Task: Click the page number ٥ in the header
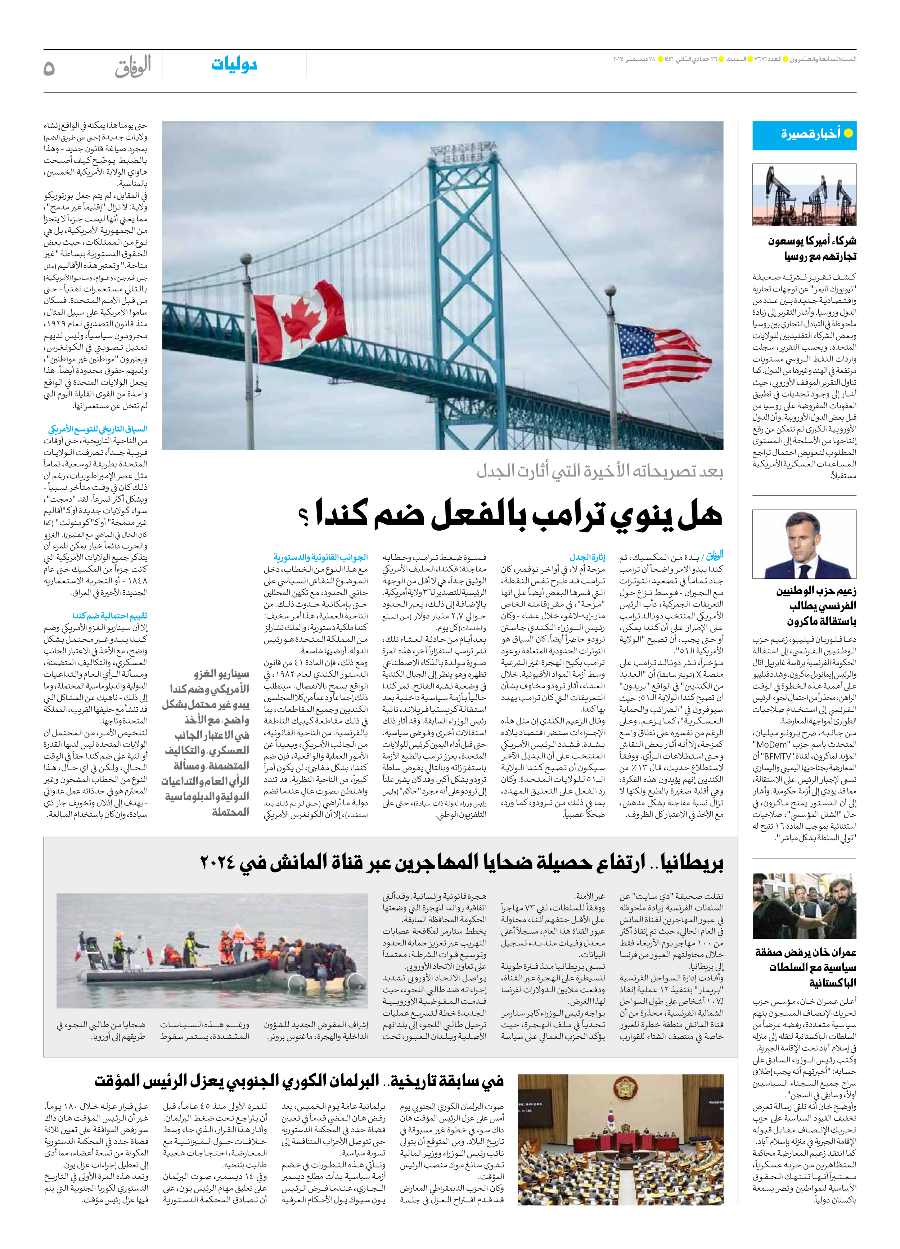click(49, 68)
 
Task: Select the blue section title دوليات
click(234, 65)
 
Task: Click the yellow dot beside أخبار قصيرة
click(848, 133)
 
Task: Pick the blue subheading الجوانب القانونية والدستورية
click(320, 557)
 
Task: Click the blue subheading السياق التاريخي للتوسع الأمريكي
click(98, 429)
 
